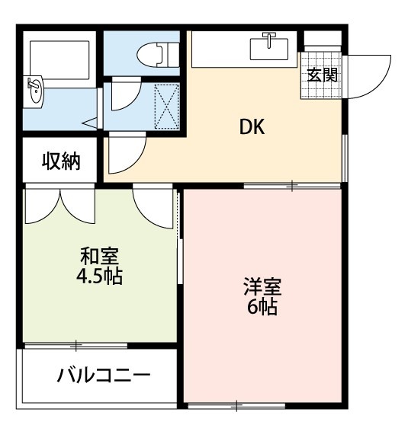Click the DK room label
(252, 128)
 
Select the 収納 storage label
(61, 161)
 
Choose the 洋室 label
(262, 288)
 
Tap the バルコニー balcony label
(104, 376)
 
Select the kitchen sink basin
(270, 49)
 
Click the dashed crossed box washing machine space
(167, 105)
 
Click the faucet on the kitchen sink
(269, 37)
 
